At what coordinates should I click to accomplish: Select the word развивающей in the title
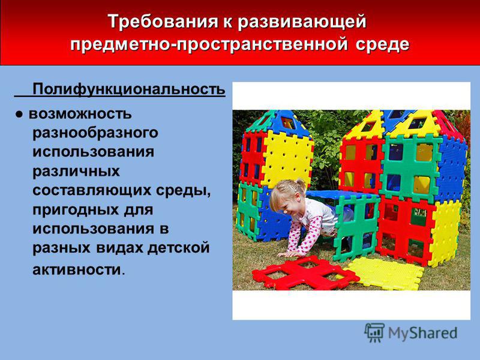pos(302,22)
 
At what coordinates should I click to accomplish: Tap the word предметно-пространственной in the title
pos(209,44)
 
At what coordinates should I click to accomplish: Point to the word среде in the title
pos(383,44)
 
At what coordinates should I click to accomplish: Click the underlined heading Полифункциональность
pos(129,89)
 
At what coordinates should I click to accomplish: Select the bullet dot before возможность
pos(19,115)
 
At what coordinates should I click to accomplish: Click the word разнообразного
pos(95,133)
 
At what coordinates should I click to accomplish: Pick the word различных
pos(76,172)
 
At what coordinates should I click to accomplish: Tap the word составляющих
pos(92,191)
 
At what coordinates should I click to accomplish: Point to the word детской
pos(178,248)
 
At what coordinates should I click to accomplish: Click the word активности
pos(77,269)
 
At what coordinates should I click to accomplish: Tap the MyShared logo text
pos(423,333)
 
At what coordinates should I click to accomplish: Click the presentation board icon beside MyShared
pos(374,332)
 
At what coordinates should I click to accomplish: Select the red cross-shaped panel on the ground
pos(305,272)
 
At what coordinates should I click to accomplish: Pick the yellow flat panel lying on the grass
pos(386,274)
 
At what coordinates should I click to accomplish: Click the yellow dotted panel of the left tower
pos(287,158)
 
